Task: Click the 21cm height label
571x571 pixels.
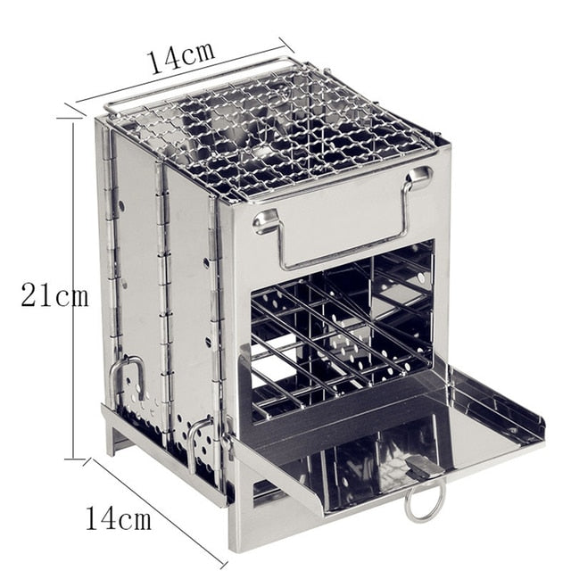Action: pyautogui.click(x=54, y=295)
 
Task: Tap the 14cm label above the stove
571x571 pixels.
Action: pyautogui.click(x=181, y=57)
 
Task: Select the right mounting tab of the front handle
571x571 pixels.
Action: pyautogui.click(x=418, y=178)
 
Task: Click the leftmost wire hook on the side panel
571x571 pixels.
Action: pyautogui.click(x=127, y=375)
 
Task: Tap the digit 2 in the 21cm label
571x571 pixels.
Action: pyautogui.click(x=29, y=295)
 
